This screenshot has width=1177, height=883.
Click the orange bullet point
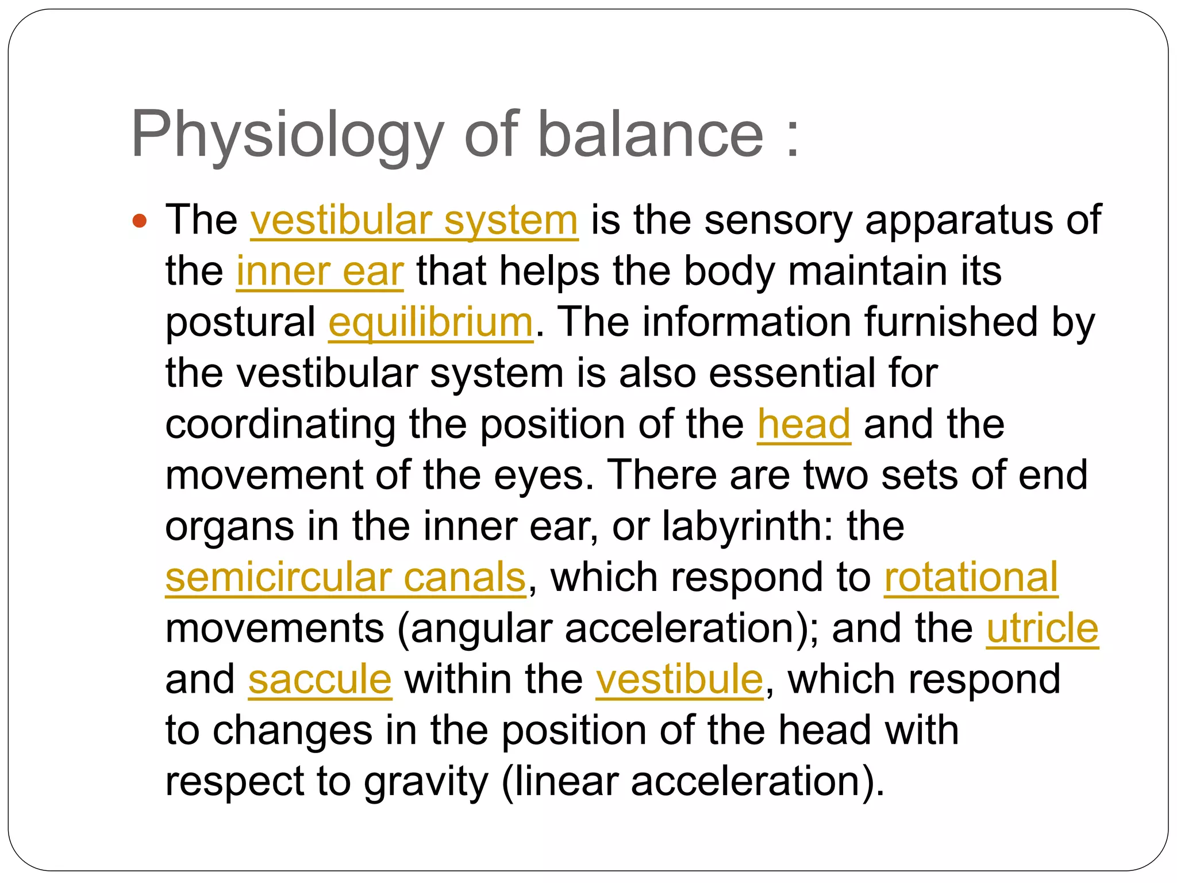[140, 221]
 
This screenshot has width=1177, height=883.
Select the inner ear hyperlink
[320, 271]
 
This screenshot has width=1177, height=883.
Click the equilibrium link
[430, 323]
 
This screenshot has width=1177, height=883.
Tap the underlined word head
[803, 424]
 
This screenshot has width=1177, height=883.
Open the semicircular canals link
[345, 577]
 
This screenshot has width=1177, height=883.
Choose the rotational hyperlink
[971, 577]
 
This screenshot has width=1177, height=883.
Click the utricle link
[1042, 628]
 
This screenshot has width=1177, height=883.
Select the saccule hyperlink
[320, 679]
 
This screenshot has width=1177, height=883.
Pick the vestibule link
[679, 679]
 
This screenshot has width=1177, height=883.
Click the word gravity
[426, 782]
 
